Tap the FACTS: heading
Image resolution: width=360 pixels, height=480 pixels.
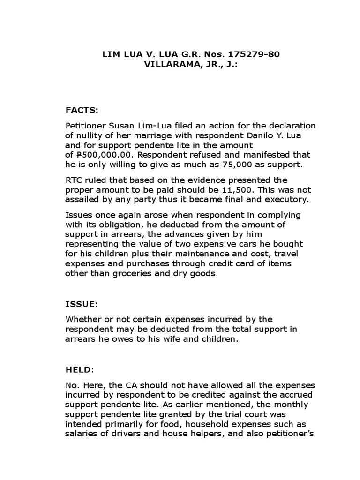[82, 110]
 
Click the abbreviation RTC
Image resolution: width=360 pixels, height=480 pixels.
[74, 180]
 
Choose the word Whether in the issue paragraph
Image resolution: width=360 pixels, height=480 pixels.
[82, 320]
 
